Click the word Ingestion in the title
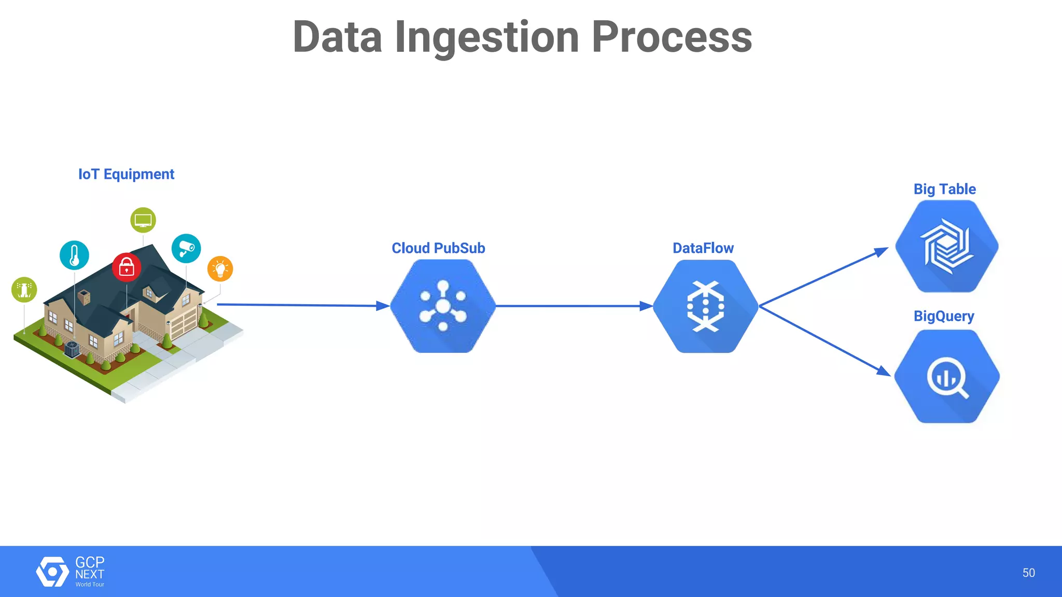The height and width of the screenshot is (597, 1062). coord(486,37)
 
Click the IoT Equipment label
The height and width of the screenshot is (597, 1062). coord(126,174)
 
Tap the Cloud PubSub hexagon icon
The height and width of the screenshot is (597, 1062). coord(443,306)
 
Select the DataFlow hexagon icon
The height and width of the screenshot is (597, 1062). coord(705,306)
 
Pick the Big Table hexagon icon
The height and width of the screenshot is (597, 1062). coord(947,247)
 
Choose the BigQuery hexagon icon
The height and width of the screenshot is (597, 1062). coord(947,377)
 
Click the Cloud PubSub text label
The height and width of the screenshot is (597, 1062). coord(438,248)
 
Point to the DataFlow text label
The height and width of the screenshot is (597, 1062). coord(703,248)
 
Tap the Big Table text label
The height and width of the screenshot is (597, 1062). coord(944,189)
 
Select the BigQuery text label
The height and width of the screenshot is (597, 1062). coord(944,316)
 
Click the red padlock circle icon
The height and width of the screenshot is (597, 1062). coord(127,267)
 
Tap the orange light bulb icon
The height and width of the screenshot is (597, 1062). coord(220,269)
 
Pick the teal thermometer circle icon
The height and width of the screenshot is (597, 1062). coord(74,255)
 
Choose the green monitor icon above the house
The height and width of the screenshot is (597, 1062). coord(143,220)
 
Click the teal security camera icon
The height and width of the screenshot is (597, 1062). coord(186,248)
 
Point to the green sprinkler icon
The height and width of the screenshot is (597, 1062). coord(24,290)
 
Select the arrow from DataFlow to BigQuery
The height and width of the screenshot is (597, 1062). coord(825,340)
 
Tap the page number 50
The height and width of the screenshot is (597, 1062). coord(1028,573)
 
